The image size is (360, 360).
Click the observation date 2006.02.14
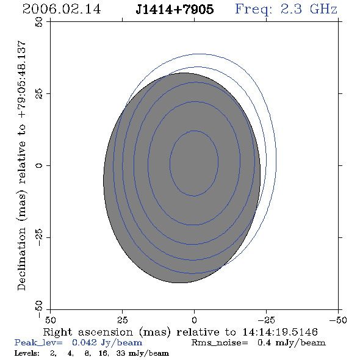tap(62, 9)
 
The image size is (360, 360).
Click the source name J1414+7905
tap(175, 9)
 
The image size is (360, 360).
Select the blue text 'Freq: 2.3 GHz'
tap(286, 9)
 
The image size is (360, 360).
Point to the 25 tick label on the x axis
tap(123, 320)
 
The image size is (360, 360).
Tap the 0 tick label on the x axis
tap(194, 320)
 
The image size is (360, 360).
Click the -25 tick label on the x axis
tap(266, 320)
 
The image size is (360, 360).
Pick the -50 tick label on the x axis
tap(338, 320)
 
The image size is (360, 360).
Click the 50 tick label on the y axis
tap(39, 22)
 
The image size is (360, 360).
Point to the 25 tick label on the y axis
tap(39, 94)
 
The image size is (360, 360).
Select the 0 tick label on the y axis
tap(39, 165)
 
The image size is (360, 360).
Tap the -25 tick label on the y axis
tap(39, 237)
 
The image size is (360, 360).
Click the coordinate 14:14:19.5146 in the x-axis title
tap(280, 332)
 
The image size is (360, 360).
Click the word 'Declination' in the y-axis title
tap(21, 259)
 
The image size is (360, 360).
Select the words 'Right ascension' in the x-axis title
tap(88, 332)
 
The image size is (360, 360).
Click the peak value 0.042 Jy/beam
tap(107, 342)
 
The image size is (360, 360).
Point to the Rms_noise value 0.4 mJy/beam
tap(292, 342)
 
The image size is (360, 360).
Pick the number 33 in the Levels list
tap(121, 353)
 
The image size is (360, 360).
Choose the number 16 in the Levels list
tap(103, 353)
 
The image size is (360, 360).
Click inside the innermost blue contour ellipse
tap(194, 164)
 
